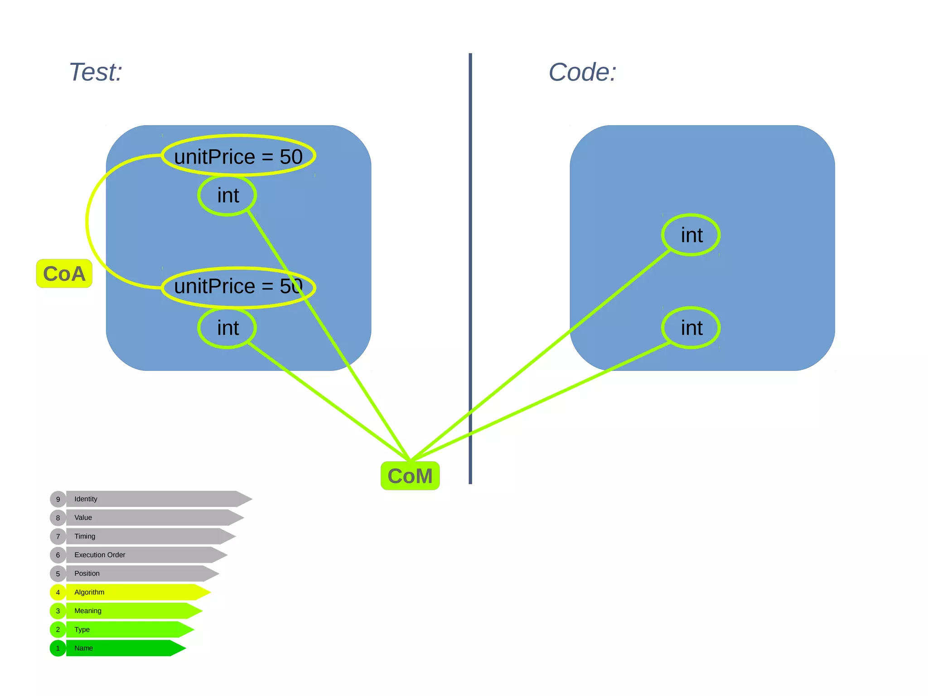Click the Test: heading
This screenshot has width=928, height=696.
96,72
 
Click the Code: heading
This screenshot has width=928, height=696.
582,72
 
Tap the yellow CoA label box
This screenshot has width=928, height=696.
64,273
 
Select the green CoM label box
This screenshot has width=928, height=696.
410,476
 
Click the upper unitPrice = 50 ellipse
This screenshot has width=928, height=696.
238,156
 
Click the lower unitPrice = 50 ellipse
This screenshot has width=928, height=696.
238,287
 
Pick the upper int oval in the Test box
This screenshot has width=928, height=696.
227,195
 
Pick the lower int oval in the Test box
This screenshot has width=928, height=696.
227,328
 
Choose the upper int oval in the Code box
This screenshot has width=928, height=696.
691,235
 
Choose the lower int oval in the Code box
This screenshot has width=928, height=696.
691,328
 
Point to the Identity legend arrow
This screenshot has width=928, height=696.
154,499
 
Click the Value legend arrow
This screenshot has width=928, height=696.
150,517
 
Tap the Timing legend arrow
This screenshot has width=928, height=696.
145,536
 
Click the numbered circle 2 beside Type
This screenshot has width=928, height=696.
58,629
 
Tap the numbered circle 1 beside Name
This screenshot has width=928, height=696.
58,648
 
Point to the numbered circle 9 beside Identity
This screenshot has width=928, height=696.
58,499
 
